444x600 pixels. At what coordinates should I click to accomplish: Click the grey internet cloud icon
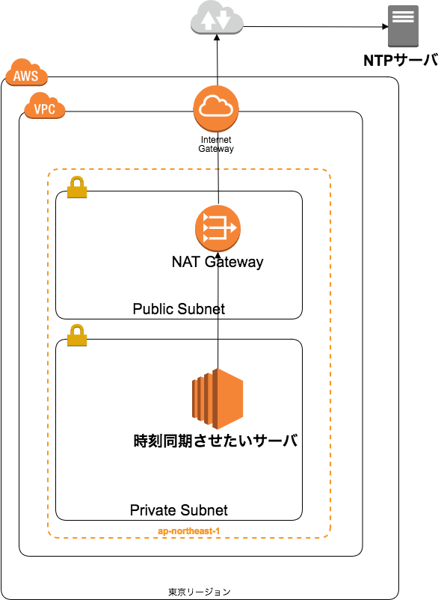(x=217, y=17)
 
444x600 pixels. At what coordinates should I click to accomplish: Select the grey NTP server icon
(x=403, y=26)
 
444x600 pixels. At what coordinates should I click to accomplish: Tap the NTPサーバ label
(x=401, y=60)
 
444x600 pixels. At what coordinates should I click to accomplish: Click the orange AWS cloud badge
(x=26, y=73)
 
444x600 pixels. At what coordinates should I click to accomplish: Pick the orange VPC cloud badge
(x=45, y=106)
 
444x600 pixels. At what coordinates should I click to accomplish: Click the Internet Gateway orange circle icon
(x=216, y=108)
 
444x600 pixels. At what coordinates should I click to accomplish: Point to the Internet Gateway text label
(x=216, y=144)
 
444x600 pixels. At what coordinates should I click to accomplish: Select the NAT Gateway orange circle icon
(x=218, y=228)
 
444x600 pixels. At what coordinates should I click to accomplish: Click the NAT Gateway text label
(x=218, y=262)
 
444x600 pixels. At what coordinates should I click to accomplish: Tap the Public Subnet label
(x=179, y=309)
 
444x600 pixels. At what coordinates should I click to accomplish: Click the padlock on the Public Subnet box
(x=77, y=187)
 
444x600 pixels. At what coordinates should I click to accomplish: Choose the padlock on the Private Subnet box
(x=77, y=335)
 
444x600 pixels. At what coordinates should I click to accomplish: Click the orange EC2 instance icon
(x=218, y=399)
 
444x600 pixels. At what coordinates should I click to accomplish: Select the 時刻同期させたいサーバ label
(x=216, y=441)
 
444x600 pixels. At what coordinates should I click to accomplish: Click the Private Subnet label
(x=179, y=510)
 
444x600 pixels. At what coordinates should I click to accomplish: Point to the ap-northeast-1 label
(x=189, y=531)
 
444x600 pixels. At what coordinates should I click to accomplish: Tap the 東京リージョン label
(x=200, y=592)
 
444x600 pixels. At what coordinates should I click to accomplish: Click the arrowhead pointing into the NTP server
(x=386, y=26)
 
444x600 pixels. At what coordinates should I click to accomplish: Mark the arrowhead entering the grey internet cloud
(x=218, y=37)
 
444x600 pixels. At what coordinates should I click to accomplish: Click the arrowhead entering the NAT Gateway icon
(x=218, y=255)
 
